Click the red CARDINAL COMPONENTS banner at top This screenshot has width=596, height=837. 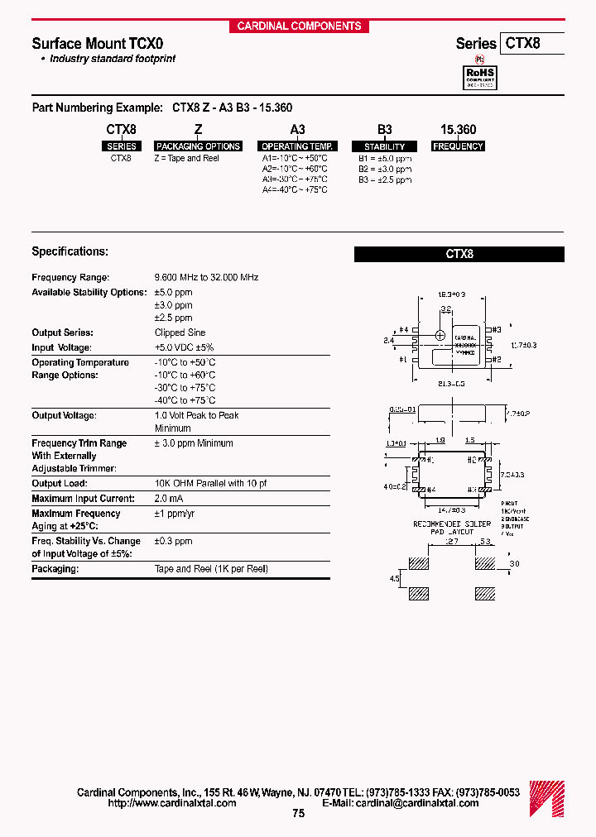tap(299, 26)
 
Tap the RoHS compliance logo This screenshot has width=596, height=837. tap(478, 76)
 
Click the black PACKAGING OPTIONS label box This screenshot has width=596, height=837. tap(198, 146)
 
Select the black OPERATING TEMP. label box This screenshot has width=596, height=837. tap(296, 146)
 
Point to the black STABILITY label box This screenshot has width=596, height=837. tap(384, 146)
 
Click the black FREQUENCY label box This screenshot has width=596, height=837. tap(458, 146)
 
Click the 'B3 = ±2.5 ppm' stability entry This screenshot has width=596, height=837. tap(384, 179)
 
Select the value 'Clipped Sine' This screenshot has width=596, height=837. tap(180, 332)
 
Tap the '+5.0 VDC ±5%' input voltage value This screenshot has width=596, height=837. tap(184, 347)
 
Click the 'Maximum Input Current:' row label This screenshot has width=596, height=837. tap(83, 498)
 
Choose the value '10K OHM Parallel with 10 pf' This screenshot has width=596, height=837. tap(210, 483)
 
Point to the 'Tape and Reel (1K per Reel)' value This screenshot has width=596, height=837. tap(211, 569)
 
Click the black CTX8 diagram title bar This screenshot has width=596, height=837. tap(459, 255)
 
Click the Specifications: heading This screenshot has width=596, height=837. tap(70, 251)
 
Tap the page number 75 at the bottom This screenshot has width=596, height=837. tap(298, 813)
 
